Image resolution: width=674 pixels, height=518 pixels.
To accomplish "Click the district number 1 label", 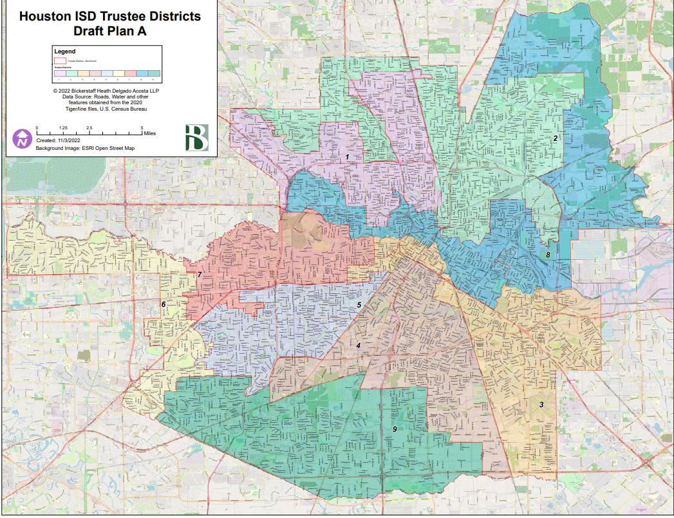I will click(347, 157).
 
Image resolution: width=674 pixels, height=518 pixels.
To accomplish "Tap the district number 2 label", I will click(555, 138).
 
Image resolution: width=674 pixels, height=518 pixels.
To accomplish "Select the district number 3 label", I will click(541, 405).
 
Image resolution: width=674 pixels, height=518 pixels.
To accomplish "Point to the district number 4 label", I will click(358, 346).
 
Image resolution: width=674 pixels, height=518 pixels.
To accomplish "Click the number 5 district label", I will click(359, 304).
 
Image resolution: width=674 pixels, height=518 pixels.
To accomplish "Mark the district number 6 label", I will click(164, 304).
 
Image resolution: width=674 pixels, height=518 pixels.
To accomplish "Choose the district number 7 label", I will click(200, 275).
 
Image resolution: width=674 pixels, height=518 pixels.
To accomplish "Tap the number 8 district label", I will click(548, 255).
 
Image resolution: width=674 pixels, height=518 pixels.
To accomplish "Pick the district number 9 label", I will click(394, 429).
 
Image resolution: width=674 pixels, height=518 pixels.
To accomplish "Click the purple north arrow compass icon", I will click(22, 138).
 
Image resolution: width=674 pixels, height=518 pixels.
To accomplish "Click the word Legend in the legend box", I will click(64, 51).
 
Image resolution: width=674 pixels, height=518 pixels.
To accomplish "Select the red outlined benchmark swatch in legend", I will click(60, 60).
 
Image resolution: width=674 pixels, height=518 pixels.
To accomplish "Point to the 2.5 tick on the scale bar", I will click(89, 128).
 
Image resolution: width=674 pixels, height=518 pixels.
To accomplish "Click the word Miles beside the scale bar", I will click(149, 133).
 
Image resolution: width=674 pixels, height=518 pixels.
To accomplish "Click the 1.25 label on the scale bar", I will click(63, 128).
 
